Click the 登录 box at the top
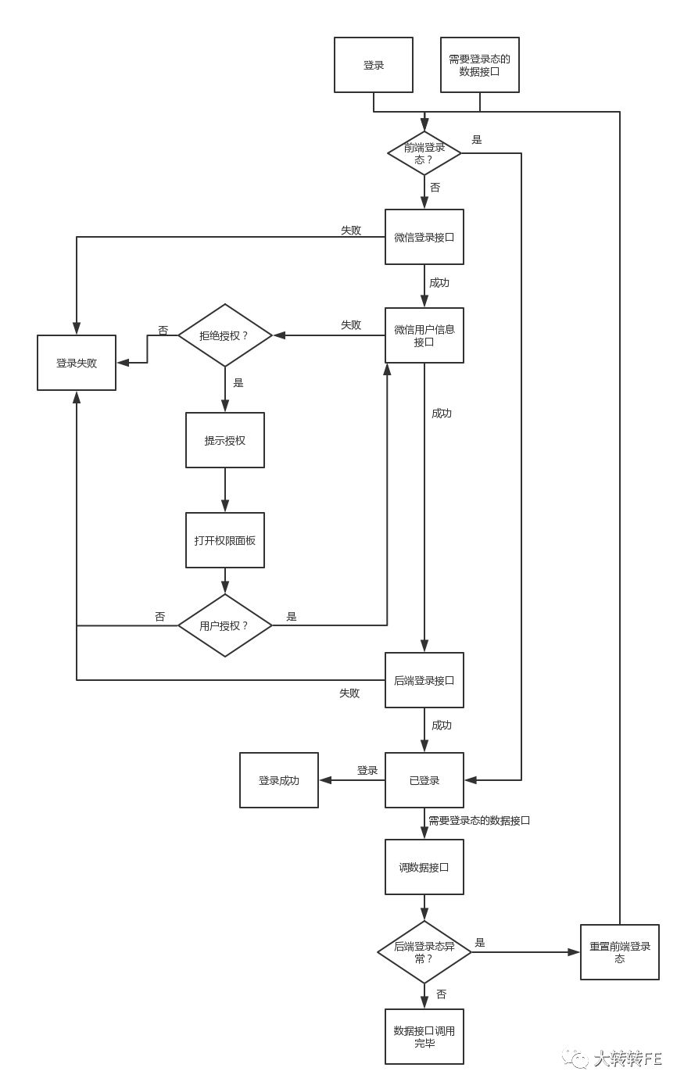[374, 65]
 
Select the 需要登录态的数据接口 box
[479, 65]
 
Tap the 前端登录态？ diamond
[424, 153]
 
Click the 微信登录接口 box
[424, 237]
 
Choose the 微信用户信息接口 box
[424, 335]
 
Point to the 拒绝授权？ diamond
[225, 335]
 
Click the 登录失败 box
[77, 363]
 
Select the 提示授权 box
[225, 440]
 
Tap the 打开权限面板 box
[225, 540]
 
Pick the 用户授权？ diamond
[225, 625]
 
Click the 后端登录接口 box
[424, 680]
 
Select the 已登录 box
[424, 780]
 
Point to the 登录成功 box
[279, 780]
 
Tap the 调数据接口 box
[424, 867]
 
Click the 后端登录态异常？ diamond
[424, 952]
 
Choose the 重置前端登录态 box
[620, 952]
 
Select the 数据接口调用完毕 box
[424, 1037]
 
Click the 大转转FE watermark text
[627, 1059]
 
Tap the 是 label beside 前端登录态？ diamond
[477, 140]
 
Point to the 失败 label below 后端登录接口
[349, 693]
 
